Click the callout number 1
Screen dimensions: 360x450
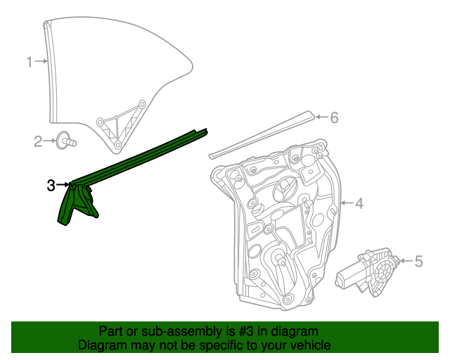(30, 63)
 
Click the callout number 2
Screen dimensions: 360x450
(38, 142)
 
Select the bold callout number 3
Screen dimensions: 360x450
(51, 186)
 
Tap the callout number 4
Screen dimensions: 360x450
(359, 204)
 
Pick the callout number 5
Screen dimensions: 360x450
(418, 262)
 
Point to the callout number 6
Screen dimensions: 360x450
(334, 117)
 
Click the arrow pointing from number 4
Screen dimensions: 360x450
(346, 204)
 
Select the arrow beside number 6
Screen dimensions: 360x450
(321, 117)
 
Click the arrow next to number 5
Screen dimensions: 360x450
(405, 262)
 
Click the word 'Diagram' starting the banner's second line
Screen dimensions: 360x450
(103, 345)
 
